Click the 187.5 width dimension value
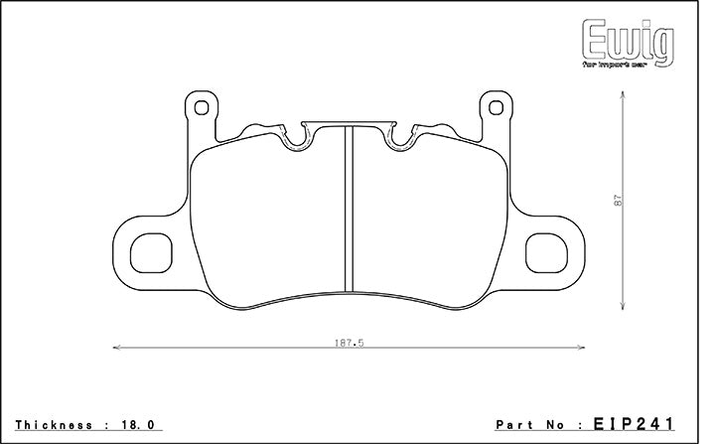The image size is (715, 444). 351,343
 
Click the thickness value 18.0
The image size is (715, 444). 141,423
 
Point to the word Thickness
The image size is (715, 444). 55,423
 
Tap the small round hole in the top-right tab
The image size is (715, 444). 494,107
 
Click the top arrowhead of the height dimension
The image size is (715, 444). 624,93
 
